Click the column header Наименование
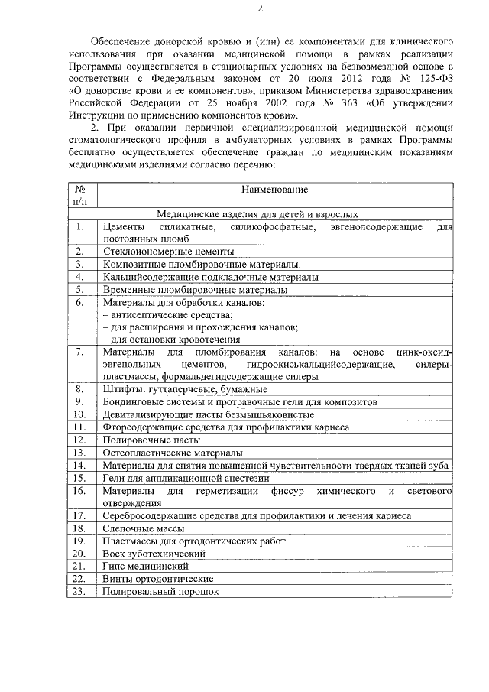[274, 188]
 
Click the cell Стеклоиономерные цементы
[168, 250]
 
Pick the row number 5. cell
[79, 289]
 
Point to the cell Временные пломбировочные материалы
[195, 289]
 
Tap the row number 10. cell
[79, 414]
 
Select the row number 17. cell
[79, 516]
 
